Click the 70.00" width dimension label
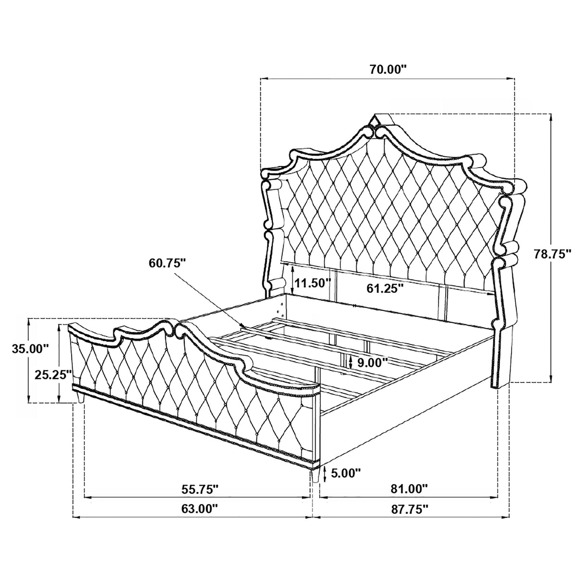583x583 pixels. pos(388,69)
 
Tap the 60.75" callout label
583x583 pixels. pos(167,263)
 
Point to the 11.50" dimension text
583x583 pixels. pos(313,282)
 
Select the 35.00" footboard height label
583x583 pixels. pos(30,348)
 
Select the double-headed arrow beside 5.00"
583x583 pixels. pos(326,474)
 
